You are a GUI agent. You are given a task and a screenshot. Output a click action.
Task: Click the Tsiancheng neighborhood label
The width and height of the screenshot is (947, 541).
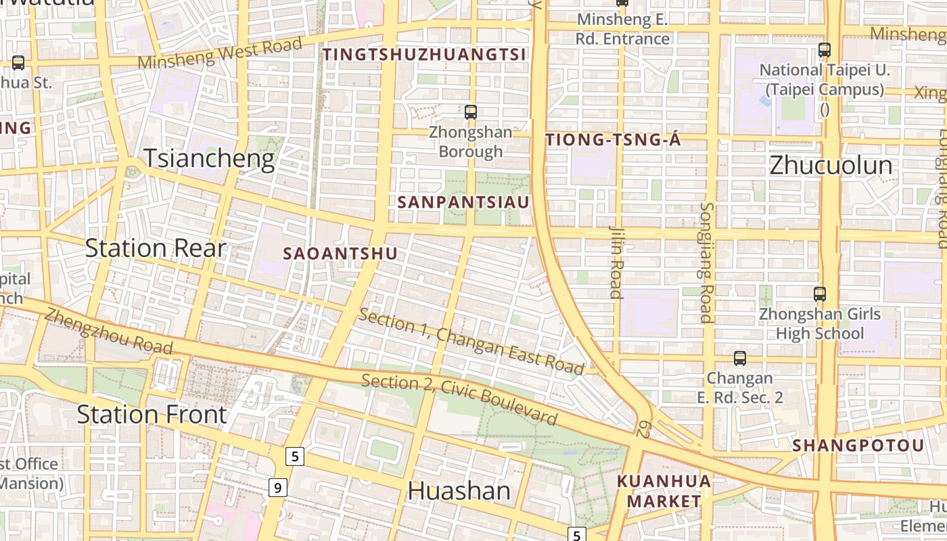click(209, 159)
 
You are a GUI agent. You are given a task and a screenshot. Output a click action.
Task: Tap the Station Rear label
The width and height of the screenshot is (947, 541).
click(155, 248)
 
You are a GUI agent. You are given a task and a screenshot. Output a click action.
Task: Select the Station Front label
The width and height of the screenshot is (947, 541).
click(152, 414)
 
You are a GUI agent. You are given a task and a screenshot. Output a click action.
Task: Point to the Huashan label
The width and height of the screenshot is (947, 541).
click(459, 491)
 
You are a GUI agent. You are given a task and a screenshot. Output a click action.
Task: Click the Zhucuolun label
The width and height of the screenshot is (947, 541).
click(831, 166)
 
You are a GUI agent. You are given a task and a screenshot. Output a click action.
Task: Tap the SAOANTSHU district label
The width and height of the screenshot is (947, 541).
click(340, 254)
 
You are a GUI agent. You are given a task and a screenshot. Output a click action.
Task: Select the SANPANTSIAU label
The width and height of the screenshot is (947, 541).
click(463, 202)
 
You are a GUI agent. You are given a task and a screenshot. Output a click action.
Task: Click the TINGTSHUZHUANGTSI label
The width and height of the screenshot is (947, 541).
click(425, 55)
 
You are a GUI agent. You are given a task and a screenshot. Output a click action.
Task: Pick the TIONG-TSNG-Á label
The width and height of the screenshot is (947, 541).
click(613, 140)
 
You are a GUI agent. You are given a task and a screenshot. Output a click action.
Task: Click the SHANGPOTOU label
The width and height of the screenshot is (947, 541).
click(858, 446)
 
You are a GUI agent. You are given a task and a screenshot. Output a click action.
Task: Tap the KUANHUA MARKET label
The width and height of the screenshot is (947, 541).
click(664, 491)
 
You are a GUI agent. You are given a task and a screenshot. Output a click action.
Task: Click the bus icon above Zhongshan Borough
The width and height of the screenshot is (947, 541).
click(471, 112)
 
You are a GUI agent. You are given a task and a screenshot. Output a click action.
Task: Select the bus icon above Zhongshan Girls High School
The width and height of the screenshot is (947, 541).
click(819, 293)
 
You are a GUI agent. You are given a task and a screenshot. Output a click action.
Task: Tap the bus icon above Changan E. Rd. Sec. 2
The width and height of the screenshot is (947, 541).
click(740, 358)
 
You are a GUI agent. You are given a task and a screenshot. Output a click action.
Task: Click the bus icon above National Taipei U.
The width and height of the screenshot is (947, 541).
click(824, 49)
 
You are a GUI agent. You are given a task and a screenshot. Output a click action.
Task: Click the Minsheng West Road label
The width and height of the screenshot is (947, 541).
click(220, 53)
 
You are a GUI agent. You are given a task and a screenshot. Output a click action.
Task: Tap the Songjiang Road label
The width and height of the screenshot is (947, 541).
click(706, 262)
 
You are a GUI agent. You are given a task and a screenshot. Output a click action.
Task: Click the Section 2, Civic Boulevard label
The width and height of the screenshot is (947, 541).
click(460, 399)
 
